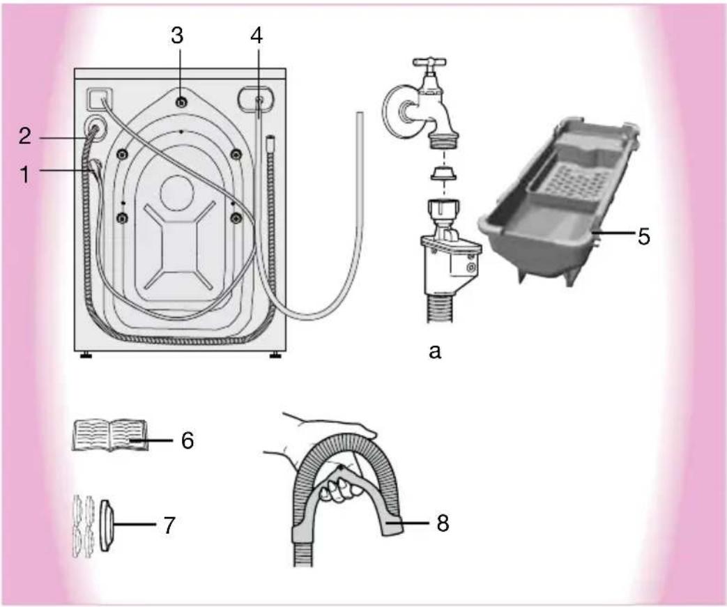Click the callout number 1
25,174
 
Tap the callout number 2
25,136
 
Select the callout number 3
177,36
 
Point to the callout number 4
257,36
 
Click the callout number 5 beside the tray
644,236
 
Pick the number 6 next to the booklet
188,440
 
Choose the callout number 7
169,525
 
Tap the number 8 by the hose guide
443,523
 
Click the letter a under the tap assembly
434,352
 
